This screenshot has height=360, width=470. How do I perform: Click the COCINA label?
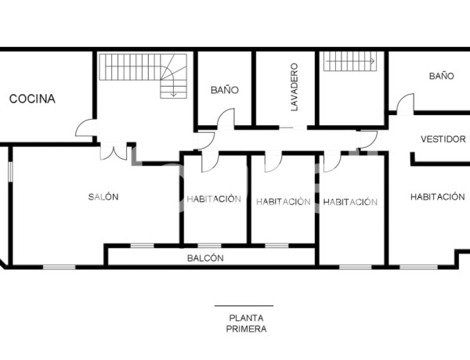(x=32, y=99)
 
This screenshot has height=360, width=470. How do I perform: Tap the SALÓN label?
(x=103, y=197)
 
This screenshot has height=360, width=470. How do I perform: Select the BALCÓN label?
(x=205, y=257)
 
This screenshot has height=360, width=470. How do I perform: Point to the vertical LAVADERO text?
(x=295, y=87)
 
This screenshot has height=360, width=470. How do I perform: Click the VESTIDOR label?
(x=443, y=139)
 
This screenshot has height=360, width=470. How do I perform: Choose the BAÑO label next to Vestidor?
(x=441, y=77)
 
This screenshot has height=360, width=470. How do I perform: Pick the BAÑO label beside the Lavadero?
(x=224, y=90)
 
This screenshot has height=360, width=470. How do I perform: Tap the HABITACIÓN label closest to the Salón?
(x=213, y=199)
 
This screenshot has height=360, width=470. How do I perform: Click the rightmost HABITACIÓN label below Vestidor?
(x=437, y=197)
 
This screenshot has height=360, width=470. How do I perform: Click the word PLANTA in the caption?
(x=245, y=318)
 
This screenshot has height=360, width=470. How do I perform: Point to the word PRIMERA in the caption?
(x=245, y=329)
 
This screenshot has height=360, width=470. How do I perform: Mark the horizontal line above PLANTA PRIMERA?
(x=244, y=306)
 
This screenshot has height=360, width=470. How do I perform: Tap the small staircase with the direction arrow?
(x=350, y=60)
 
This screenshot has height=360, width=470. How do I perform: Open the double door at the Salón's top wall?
(x=114, y=152)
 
